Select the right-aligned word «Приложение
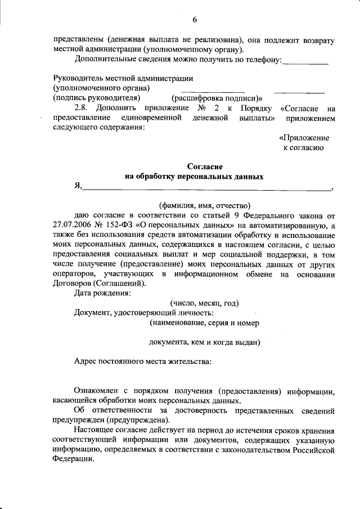(x=304, y=138)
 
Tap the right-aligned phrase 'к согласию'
(x=303, y=147)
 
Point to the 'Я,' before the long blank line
(x=78, y=187)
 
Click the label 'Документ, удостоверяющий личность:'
(x=143, y=313)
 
